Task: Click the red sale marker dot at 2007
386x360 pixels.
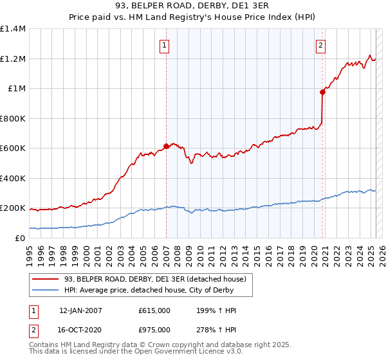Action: point(166,147)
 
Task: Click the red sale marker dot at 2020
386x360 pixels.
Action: point(322,92)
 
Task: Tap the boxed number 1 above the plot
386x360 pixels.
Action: point(165,45)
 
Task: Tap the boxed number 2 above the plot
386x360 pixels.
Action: point(320,45)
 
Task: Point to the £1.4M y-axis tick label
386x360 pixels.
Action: point(13,29)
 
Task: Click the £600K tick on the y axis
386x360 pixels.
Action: point(13,148)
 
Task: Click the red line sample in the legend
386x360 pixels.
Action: point(46,279)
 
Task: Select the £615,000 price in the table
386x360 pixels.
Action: point(154,310)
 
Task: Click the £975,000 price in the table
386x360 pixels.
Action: point(154,330)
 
